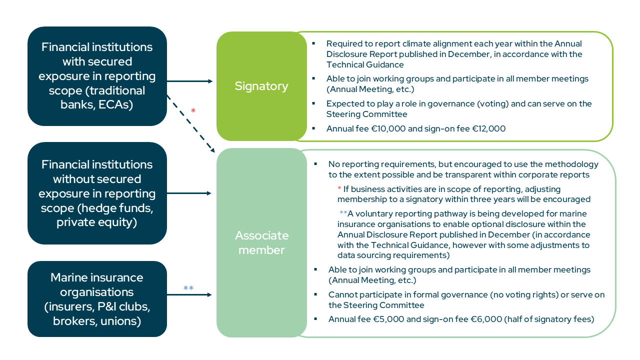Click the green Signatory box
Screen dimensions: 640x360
pyautogui.click(x=261, y=86)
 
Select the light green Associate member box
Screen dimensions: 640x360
pyautogui.click(x=261, y=242)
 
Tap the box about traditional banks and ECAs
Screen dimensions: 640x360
pyautogui.click(x=97, y=76)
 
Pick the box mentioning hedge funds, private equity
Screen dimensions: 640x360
pyautogui.click(x=97, y=193)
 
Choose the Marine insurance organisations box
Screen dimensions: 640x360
pyautogui.click(x=97, y=299)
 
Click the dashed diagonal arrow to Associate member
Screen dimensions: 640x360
pyautogui.click(x=191, y=123)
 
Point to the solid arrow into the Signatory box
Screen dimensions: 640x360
pyautogui.click(x=190, y=81)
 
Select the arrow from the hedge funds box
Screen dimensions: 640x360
pyautogui.click(x=189, y=193)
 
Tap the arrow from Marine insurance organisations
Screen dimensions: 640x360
pyautogui.click(x=189, y=294)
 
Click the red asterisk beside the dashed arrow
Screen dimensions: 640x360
pyautogui.click(x=193, y=110)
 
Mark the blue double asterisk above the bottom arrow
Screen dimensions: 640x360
pyautogui.click(x=188, y=287)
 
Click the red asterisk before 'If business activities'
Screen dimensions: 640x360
pyautogui.click(x=339, y=188)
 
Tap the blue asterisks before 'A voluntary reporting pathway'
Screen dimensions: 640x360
pyautogui.click(x=343, y=212)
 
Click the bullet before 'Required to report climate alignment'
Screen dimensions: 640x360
pyautogui.click(x=313, y=43)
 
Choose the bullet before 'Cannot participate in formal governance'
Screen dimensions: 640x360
pyautogui.click(x=315, y=294)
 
